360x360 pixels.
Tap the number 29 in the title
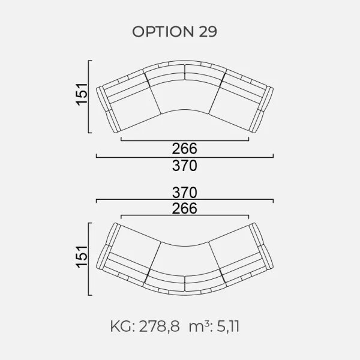[x=208, y=32]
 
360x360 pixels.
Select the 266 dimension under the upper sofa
[x=185, y=149]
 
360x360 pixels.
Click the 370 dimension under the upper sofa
[x=185, y=166]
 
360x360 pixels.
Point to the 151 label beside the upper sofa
[x=82, y=95]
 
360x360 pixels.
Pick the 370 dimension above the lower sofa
[x=185, y=193]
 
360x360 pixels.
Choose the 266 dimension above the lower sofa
[x=185, y=208]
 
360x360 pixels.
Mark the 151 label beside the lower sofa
[x=82, y=257]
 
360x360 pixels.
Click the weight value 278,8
[x=160, y=326]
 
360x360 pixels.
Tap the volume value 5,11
[x=228, y=326]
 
